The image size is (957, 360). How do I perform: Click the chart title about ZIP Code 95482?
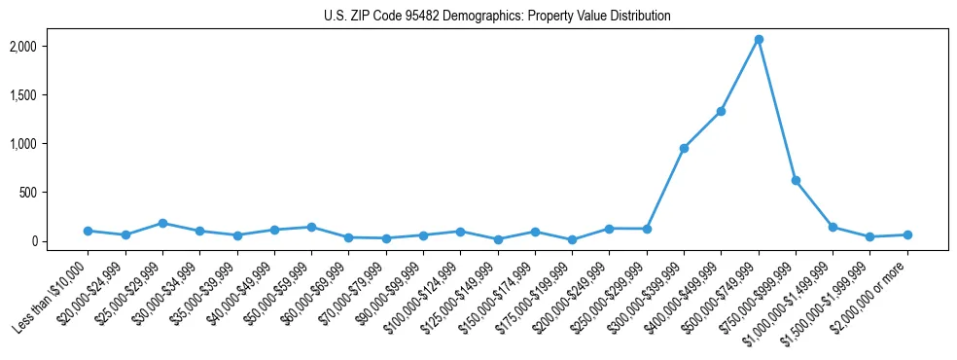click(497, 17)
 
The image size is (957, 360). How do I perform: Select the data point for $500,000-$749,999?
click(759, 39)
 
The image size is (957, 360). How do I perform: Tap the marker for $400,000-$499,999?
click(721, 111)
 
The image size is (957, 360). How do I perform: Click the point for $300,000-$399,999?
click(684, 148)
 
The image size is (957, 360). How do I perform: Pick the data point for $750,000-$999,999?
click(796, 180)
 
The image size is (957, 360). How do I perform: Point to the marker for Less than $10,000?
click(88, 231)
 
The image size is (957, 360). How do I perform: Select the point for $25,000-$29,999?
click(162, 223)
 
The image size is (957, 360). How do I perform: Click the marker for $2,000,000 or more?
click(907, 234)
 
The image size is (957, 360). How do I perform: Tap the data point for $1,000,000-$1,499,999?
click(833, 227)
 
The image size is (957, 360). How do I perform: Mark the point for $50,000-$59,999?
click(311, 227)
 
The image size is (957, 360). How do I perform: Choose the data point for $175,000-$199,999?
click(572, 239)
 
